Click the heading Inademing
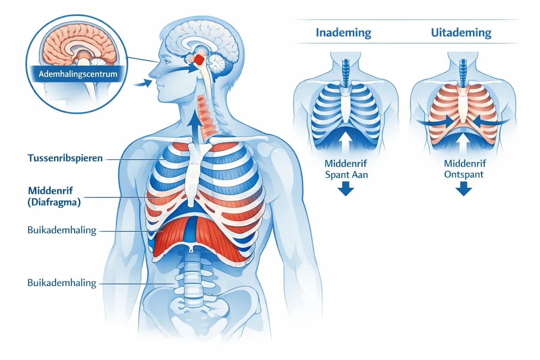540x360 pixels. pyautogui.click(x=343, y=33)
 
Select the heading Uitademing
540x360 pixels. pyautogui.click(x=461, y=33)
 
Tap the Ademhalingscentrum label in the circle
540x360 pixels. pyautogui.click(x=78, y=74)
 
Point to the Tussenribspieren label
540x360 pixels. pyautogui.click(x=65, y=158)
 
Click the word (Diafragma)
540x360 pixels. pyautogui.click(x=54, y=202)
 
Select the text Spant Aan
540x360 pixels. pyautogui.click(x=346, y=175)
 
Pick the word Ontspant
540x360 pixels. pyautogui.click(x=464, y=174)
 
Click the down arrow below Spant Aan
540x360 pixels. pyautogui.click(x=346, y=188)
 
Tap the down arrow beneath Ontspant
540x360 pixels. pyautogui.click(x=464, y=188)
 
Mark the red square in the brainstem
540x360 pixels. pyautogui.click(x=199, y=59)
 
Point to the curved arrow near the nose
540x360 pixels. pyautogui.click(x=143, y=83)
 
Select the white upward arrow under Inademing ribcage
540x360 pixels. pyautogui.click(x=346, y=141)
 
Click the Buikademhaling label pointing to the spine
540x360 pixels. pyautogui.click(x=62, y=283)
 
